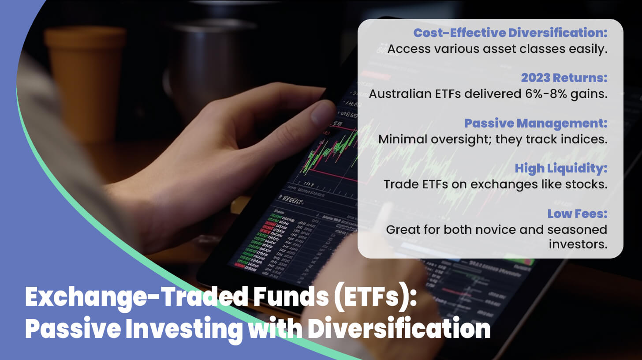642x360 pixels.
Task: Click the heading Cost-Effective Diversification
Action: click(x=510, y=33)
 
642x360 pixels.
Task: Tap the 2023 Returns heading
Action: click(x=564, y=78)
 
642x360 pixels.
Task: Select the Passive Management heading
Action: click(x=536, y=124)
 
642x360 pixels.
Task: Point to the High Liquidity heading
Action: click(x=561, y=169)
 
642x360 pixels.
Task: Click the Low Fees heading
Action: click(x=577, y=214)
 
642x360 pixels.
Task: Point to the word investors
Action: click(x=578, y=244)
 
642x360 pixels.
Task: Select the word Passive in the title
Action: click(x=73, y=329)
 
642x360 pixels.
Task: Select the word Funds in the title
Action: click(x=291, y=297)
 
